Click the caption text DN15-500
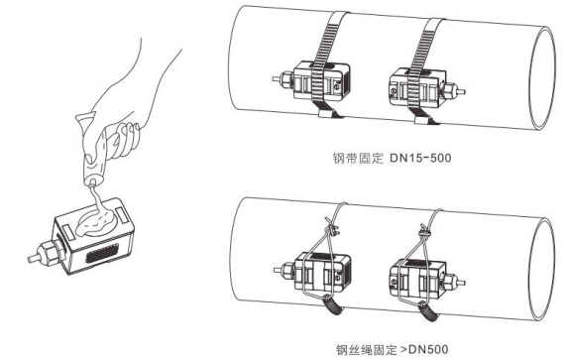coord(420,158)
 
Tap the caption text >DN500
coord(424,349)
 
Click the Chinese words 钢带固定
coord(358,159)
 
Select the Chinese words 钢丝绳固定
coord(367,350)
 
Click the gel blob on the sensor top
coord(97,223)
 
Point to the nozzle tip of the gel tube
coord(91,183)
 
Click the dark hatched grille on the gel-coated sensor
coord(102,253)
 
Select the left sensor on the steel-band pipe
coord(316,81)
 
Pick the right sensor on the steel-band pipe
coord(424,87)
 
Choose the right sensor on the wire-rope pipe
coord(424,278)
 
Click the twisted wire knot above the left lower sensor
coord(331,229)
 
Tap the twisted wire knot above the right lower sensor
coord(424,231)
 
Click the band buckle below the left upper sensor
coord(327,114)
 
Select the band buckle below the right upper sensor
coord(423,120)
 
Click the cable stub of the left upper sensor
coord(277,77)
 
